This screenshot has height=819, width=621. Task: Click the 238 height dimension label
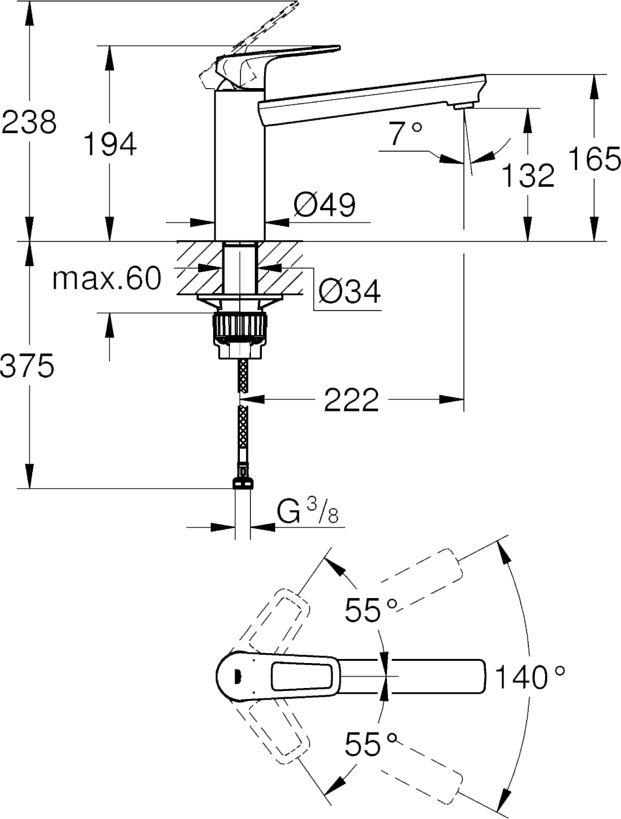point(29,122)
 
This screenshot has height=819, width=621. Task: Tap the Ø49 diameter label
point(324,205)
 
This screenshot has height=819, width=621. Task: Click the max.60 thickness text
point(107,279)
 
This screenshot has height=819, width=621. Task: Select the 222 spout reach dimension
point(351,399)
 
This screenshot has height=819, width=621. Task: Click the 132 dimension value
point(528,175)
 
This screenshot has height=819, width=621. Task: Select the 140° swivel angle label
point(529,677)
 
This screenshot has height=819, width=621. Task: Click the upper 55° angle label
point(371,609)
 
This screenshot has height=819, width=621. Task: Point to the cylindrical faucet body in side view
point(240,165)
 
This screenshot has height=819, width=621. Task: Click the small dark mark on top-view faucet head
point(236,676)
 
